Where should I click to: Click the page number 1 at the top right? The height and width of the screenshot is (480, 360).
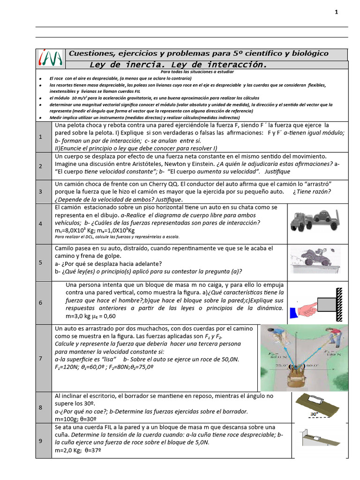(x=336, y=12)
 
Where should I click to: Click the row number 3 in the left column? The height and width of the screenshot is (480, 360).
(x=41, y=192)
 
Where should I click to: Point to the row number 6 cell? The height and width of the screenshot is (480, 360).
(x=41, y=303)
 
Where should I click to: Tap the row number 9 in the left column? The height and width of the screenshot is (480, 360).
(x=41, y=441)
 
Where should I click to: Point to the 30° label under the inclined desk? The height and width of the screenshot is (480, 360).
(x=314, y=414)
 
